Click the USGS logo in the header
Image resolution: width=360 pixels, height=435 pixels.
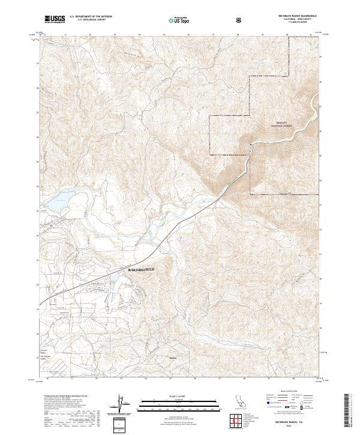55,19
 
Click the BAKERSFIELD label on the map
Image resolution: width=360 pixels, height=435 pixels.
142,270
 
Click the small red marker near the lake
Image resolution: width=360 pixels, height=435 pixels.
53,224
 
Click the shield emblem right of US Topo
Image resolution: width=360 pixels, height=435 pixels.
240,20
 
